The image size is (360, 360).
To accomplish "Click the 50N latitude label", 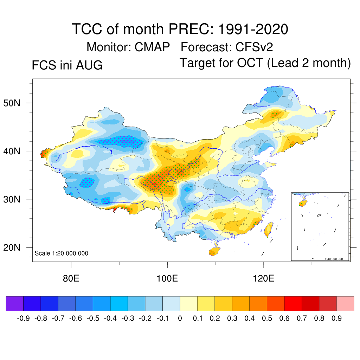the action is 12,103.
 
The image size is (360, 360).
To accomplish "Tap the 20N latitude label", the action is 12,247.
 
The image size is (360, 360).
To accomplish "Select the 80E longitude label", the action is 71,278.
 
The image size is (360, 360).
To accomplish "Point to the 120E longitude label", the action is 263,278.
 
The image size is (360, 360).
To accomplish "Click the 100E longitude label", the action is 167,278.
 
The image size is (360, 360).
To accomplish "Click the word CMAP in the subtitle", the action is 152,47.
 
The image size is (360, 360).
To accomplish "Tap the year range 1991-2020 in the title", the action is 253,29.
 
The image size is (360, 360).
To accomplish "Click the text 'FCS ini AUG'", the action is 67,65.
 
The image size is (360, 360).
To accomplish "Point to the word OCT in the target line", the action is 250,63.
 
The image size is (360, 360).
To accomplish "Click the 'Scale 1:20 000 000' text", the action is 61,253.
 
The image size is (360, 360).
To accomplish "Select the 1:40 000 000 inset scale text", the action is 334,259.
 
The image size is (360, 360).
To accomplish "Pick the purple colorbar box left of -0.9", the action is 15,303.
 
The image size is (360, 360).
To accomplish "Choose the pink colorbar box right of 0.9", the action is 345,303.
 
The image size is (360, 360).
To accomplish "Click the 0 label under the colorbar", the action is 180,318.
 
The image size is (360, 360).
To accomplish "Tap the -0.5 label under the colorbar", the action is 93,318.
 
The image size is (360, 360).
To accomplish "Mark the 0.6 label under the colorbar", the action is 284,318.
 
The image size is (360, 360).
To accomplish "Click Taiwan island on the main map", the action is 268,229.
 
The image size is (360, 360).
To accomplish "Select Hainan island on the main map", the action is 214,251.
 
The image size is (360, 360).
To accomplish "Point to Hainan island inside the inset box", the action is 303,203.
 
